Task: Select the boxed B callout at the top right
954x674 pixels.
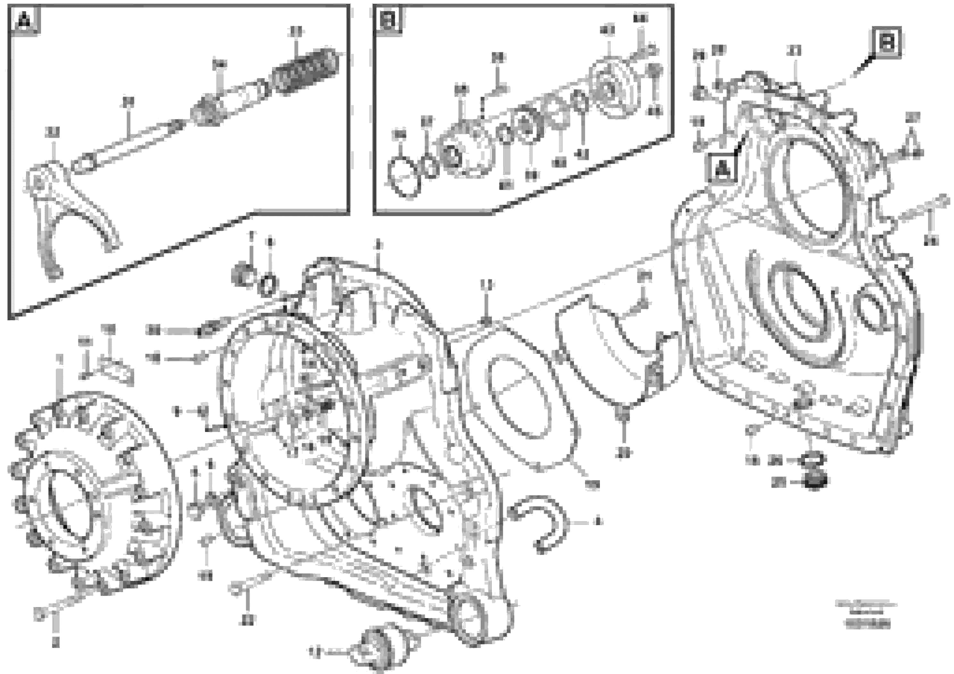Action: (887, 42)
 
